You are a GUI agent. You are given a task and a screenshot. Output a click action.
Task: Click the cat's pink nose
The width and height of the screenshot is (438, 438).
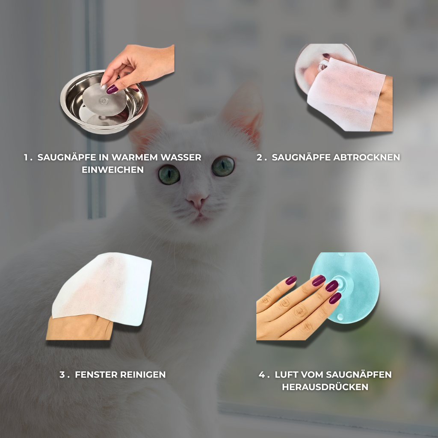click(x=197, y=201)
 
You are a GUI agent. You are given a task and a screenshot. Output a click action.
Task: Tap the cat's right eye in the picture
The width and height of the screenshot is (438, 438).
click(x=223, y=166)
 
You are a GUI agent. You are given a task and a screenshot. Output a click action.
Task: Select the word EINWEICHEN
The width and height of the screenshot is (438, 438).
click(x=112, y=170)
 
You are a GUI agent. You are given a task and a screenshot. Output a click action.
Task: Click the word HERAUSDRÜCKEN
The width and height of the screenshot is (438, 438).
click(x=325, y=387)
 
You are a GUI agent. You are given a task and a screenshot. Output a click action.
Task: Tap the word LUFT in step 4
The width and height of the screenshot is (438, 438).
click(x=287, y=375)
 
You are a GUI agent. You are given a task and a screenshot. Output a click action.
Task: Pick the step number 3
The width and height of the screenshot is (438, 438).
click(x=62, y=375)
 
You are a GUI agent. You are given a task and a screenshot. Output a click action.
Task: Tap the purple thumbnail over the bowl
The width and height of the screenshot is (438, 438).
click(x=112, y=89)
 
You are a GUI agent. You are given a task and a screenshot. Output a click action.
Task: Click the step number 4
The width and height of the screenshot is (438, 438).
click(x=262, y=375)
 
